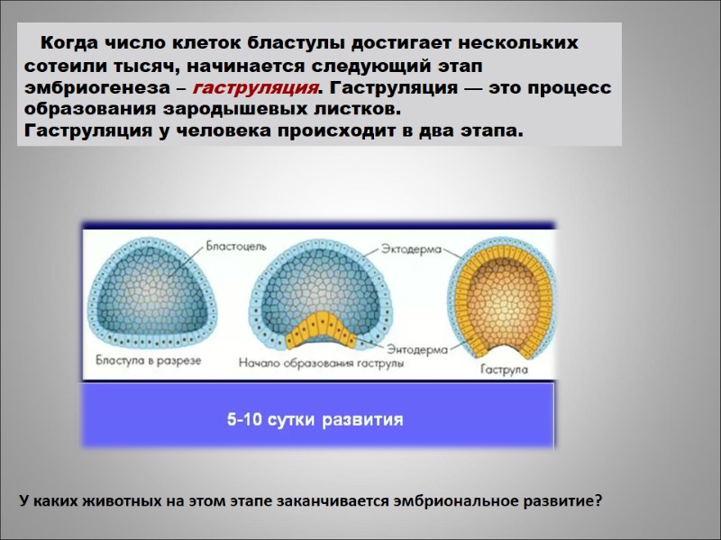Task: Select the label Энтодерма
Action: tap(411, 347)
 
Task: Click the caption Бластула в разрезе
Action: tap(149, 360)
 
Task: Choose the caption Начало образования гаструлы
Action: tap(321, 364)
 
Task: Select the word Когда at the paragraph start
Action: tap(72, 43)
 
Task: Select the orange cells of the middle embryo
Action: tap(320, 331)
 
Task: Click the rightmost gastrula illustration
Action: tap(501, 297)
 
